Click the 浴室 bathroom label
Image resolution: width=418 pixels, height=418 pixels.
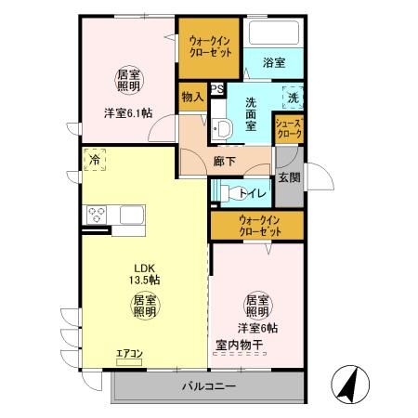(273, 63)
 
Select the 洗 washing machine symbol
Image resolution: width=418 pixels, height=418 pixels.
(292, 98)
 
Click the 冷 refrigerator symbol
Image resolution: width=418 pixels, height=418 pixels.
(95, 160)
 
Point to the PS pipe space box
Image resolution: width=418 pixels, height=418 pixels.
(216, 90)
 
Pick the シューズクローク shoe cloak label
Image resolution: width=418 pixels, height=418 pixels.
(289, 128)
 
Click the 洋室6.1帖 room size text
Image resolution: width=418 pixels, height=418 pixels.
(127, 114)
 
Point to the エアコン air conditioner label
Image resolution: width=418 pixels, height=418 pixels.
(129, 353)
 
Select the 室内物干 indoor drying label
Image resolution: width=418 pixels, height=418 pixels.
(241, 345)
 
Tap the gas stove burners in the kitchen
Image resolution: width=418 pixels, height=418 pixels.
(97, 215)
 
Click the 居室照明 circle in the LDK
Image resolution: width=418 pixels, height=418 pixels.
(143, 307)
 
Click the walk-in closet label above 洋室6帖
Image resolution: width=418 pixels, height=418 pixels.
(257, 226)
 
